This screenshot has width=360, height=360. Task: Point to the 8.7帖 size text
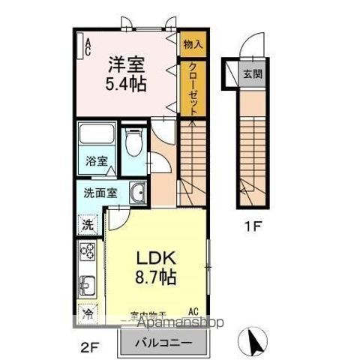(156, 277)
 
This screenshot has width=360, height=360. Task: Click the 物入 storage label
(192, 44)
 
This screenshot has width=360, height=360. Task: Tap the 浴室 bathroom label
(97, 161)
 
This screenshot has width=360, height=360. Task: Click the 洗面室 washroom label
(99, 192)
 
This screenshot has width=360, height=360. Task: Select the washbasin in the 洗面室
(136, 194)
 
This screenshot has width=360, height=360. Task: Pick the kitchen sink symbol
(88, 285)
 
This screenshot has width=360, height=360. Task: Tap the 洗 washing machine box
(88, 223)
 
